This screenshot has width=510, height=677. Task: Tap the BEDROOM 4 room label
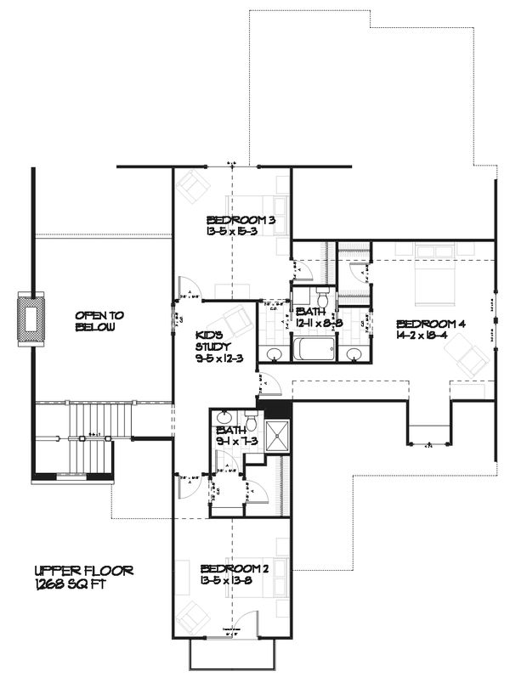pos(432,324)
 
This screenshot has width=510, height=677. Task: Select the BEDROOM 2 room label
pos(235,568)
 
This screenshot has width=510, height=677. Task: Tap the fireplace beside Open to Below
pos(31,319)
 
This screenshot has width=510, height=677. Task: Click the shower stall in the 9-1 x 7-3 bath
pos(275,435)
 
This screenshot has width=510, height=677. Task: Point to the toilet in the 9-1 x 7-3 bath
pos(250,421)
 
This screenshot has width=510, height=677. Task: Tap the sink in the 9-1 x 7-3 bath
pos(223,418)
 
